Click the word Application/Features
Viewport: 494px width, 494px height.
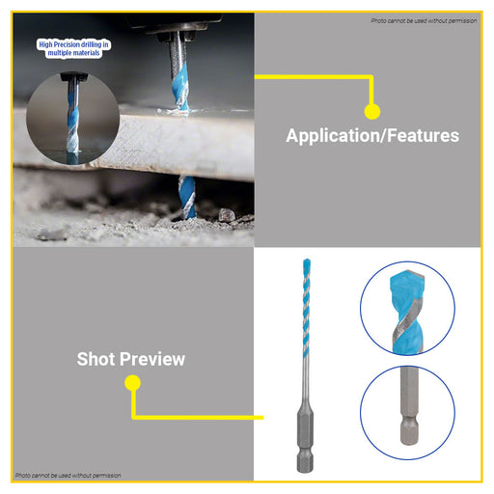click(x=372, y=135)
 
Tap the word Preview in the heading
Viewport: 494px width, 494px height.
click(x=153, y=359)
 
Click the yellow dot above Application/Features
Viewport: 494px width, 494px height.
click(x=372, y=112)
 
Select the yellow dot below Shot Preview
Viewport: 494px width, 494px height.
click(x=132, y=383)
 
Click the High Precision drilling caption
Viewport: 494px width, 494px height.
click(x=73, y=48)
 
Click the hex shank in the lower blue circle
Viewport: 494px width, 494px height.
click(x=409, y=406)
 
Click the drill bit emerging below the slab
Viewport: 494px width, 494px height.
click(x=187, y=197)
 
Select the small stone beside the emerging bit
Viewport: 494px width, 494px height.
click(x=227, y=214)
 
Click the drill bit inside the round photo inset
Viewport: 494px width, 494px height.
click(x=73, y=118)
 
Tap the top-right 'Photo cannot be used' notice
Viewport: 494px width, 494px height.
click(x=424, y=21)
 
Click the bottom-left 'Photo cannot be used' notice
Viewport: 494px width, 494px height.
click(x=69, y=475)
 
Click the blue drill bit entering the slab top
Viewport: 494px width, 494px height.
click(x=179, y=85)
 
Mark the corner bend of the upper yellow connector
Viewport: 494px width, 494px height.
click(x=372, y=77)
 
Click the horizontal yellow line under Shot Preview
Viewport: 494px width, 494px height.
click(x=198, y=418)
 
